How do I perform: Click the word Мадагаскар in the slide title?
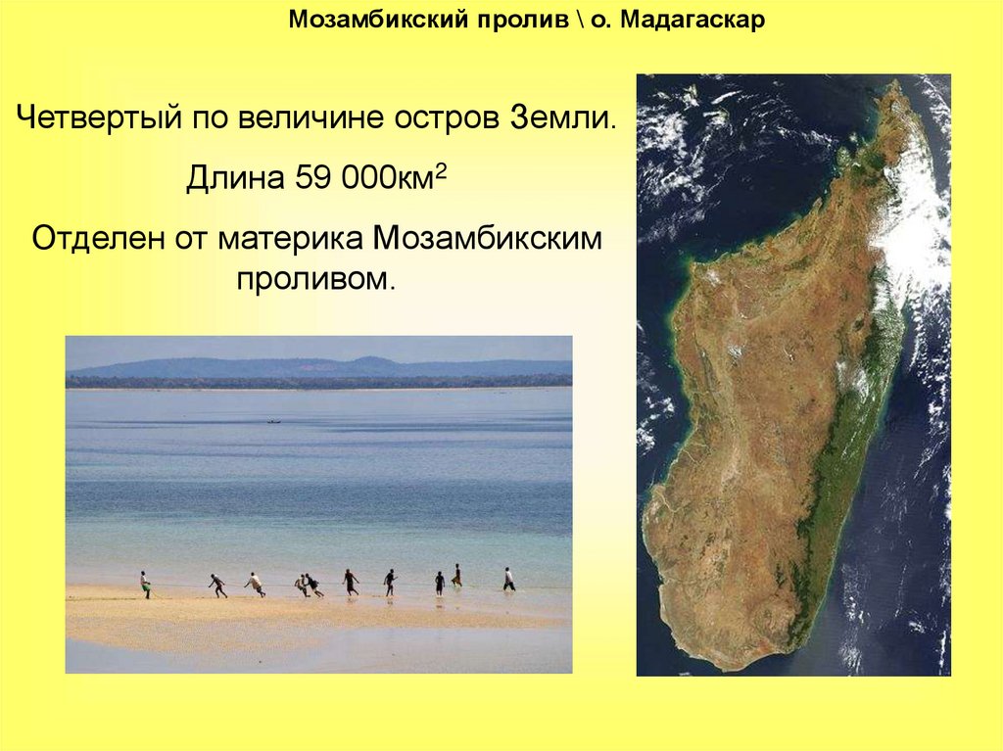click(x=693, y=20)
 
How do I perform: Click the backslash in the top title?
click(x=579, y=20)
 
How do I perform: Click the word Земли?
click(x=563, y=117)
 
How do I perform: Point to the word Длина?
click(x=235, y=178)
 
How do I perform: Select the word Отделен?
click(x=97, y=239)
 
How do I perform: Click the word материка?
click(x=291, y=240)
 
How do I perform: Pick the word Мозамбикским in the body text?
click(x=488, y=239)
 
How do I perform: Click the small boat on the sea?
click(x=274, y=422)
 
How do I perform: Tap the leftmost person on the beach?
click(x=146, y=585)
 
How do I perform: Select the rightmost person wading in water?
click(x=508, y=579)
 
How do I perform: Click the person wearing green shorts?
click(x=146, y=585)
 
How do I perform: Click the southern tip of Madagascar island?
click(x=735, y=669)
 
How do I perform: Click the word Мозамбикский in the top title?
click(x=379, y=20)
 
